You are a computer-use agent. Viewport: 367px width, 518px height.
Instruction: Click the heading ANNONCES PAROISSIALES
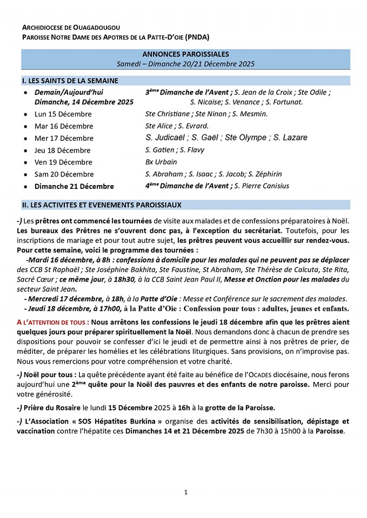[x=185, y=54]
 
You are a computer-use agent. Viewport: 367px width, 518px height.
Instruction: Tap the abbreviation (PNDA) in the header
[x=197, y=37]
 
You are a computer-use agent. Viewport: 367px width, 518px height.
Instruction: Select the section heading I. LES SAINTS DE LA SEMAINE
[x=70, y=80]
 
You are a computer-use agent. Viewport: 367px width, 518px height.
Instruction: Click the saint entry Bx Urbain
[x=161, y=162]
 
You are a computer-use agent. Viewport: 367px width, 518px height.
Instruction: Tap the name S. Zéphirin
[x=265, y=174]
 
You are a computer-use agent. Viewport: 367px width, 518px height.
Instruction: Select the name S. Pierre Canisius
[x=262, y=186]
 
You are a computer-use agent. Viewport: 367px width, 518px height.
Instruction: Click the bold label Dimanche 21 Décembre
[x=74, y=186]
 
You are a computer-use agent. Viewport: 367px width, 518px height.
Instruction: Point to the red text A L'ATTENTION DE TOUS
[x=52, y=322]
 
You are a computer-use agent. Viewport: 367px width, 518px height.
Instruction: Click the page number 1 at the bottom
[x=185, y=492]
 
